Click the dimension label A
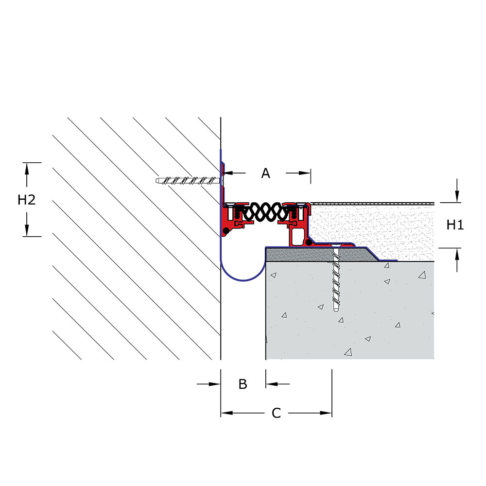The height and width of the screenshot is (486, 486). click(266, 174)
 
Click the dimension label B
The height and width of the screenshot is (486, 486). click(243, 384)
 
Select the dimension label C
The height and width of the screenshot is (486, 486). click(276, 413)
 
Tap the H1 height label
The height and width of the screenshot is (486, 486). click(455, 225)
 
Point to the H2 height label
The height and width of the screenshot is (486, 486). click(27, 200)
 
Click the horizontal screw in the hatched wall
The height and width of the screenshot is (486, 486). click(189, 180)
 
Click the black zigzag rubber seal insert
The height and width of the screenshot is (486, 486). click(266, 212)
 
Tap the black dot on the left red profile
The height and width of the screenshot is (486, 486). click(226, 230)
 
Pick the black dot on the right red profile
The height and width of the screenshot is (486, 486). click(309, 243)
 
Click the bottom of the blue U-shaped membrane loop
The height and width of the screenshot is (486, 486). click(243, 280)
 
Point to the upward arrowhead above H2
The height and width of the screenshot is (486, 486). click(27, 169)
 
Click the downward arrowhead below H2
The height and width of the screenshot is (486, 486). click(27, 230)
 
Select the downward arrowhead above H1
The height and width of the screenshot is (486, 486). click(457, 197)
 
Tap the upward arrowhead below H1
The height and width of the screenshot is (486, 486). click(457, 254)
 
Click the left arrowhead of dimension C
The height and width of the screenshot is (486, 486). click(226, 413)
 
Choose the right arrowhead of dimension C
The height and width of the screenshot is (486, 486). click(326, 413)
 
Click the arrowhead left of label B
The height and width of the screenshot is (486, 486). click(214, 384)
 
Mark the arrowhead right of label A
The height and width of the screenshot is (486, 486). click(304, 174)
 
